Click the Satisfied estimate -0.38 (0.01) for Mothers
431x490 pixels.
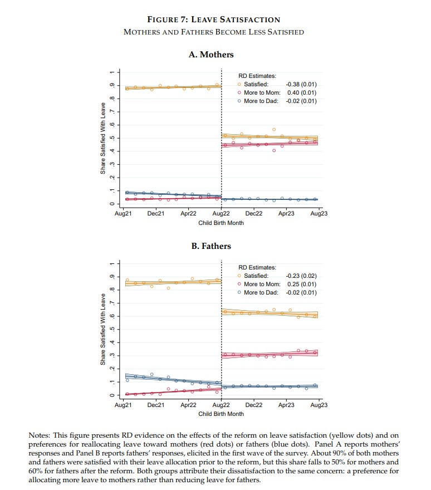tap(301, 84)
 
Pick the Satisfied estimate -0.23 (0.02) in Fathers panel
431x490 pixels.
tap(301, 276)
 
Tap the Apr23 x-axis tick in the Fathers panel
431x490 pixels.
tap(286, 405)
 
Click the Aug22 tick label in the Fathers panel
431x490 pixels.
tap(221, 405)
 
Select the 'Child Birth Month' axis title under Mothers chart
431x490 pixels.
tap(221, 223)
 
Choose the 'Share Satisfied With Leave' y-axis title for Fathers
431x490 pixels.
tap(103, 330)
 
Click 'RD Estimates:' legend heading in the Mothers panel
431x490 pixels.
tap(257, 76)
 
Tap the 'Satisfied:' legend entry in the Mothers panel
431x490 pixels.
tap(256, 84)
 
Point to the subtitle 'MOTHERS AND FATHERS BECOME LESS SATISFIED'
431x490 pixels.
tap(214, 32)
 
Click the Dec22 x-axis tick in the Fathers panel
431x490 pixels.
tap(254, 405)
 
